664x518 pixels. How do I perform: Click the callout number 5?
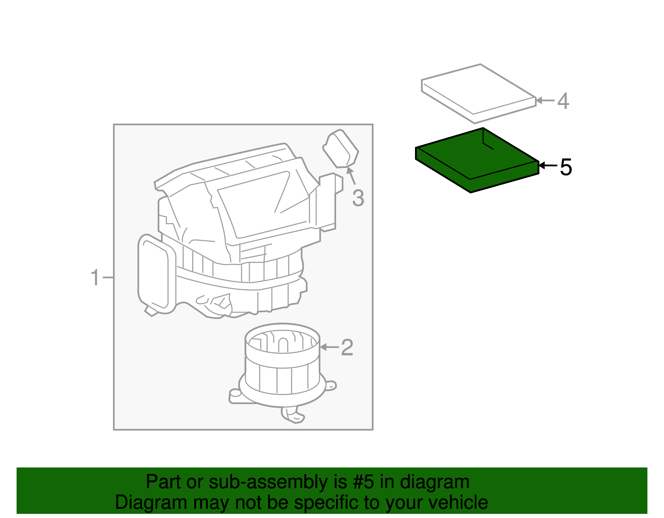coord(566,167)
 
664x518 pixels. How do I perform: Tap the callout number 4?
coord(563,101)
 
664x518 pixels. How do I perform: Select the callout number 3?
coord(358,198)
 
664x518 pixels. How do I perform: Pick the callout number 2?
coord(347,348)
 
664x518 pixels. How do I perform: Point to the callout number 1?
coord(95,277)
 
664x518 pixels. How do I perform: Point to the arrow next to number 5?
coord(547,166)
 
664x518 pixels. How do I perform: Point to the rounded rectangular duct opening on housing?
coord(154,274)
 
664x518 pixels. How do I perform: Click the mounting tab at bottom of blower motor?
coord(293,416)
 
